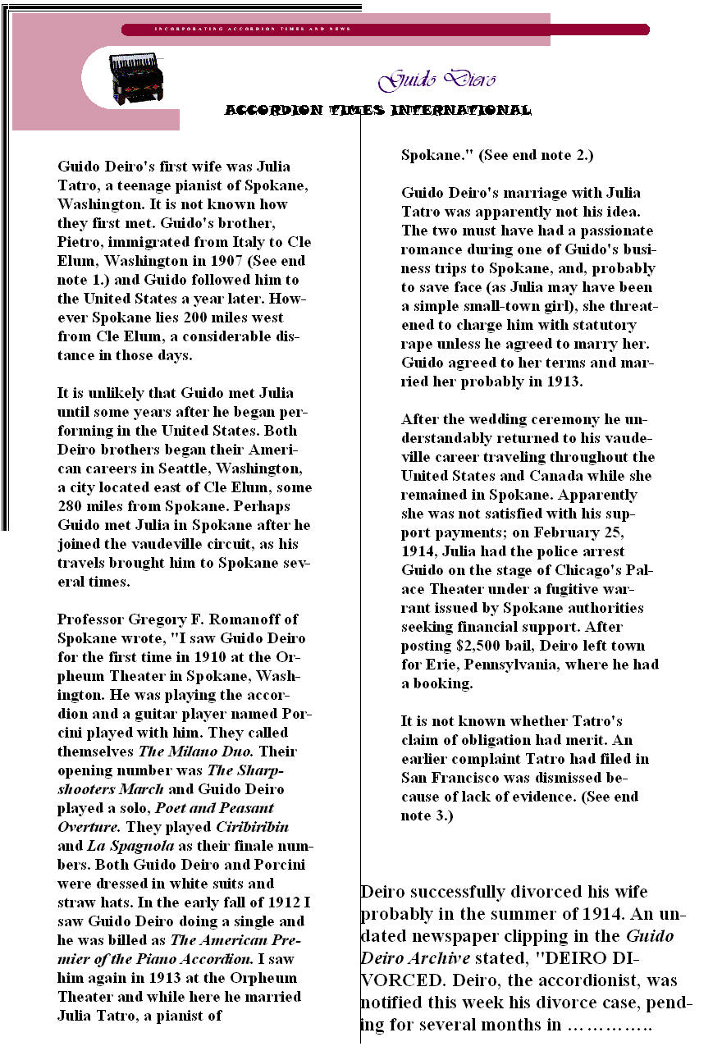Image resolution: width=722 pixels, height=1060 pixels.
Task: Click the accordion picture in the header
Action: (x=136, y=78)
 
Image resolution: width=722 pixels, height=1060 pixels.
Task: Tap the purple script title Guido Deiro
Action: (x=436, y=80)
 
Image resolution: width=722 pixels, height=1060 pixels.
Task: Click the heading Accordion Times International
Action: (x=377, y=110)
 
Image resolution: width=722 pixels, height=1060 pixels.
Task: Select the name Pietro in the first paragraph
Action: (x=80, y=242)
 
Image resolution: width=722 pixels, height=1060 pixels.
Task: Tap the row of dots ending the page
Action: (x=609, y=1026)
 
